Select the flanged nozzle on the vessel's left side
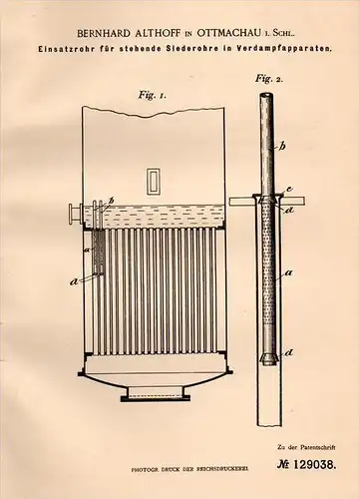73,211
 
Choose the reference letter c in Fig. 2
288,189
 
